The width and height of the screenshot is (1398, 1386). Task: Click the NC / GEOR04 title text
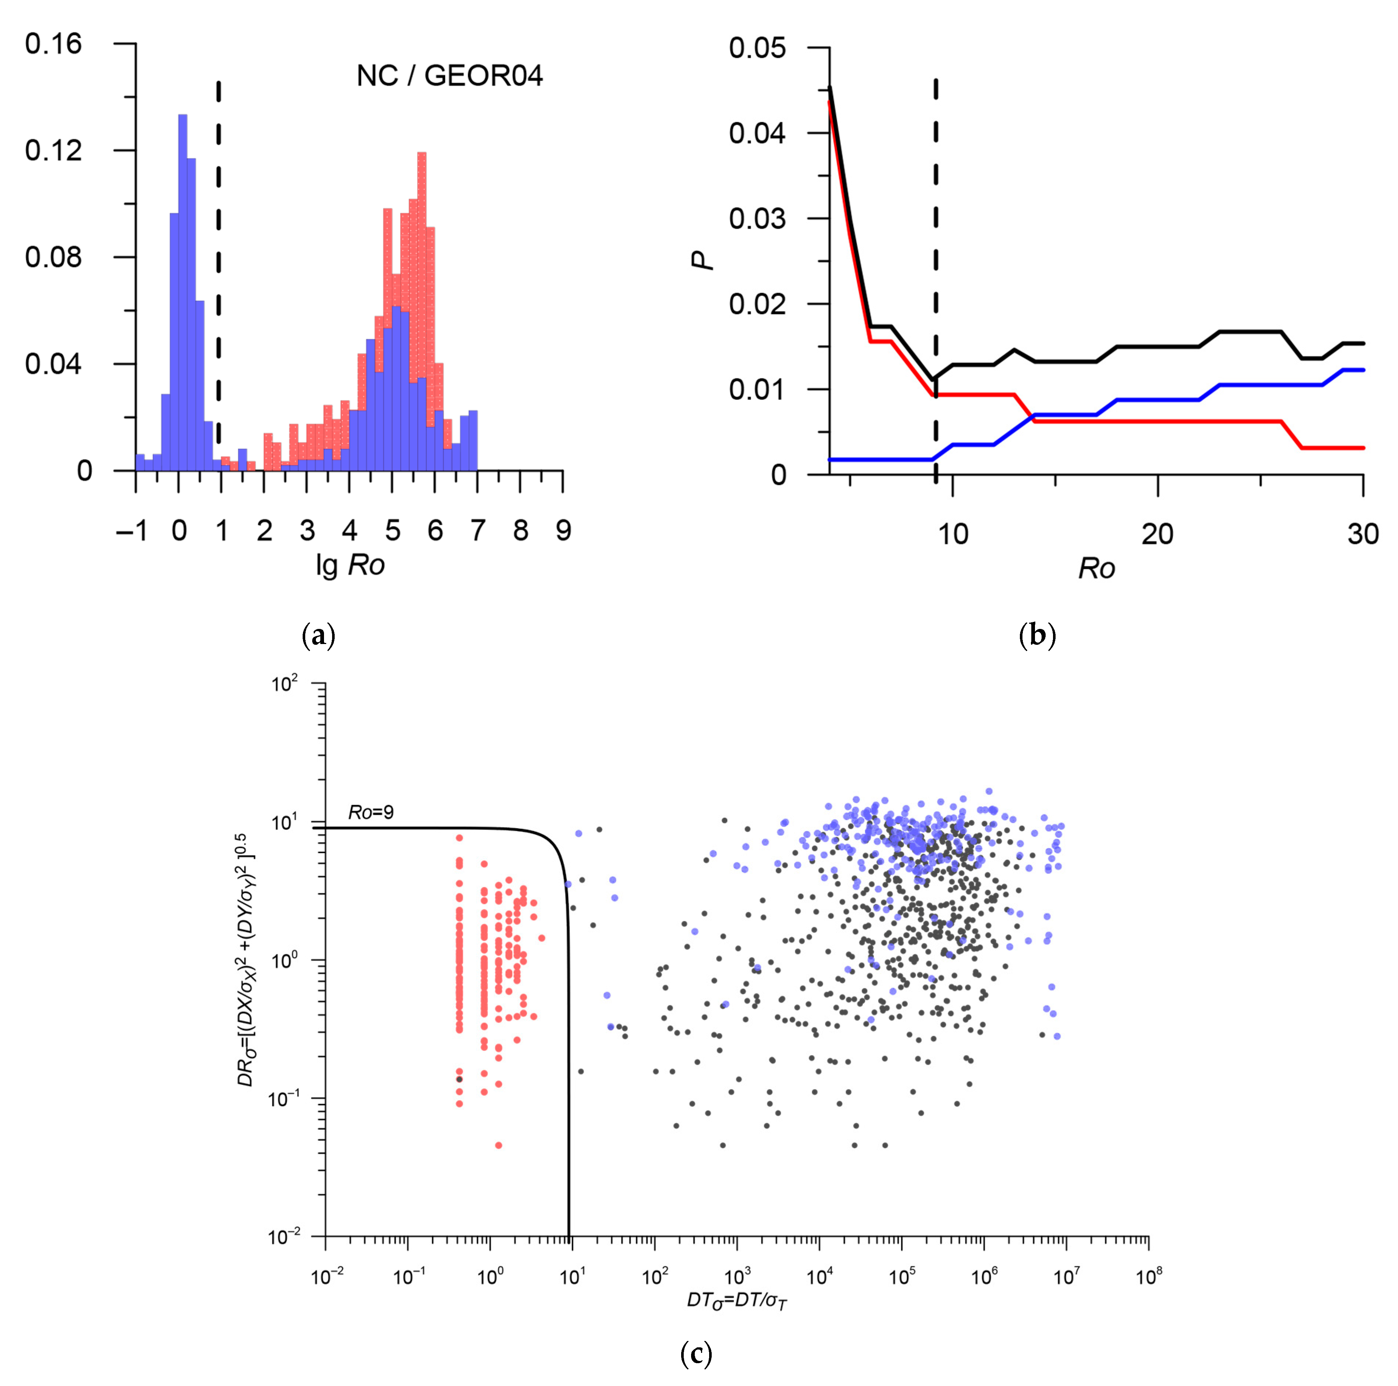(449, 76)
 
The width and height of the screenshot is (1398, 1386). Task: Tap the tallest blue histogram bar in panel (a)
(182, 289)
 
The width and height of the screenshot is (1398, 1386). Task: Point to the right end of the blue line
(1363, 370)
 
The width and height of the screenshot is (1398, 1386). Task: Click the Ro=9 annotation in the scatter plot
(371, 812)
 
